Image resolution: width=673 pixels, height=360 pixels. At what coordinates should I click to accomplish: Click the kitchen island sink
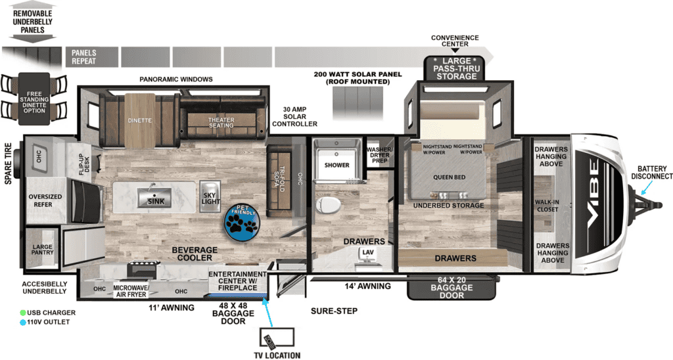pos(155,198)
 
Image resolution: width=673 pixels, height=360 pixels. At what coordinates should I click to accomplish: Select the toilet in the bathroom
pos(328,205)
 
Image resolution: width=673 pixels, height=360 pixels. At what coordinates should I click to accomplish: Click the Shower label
pos(337,165)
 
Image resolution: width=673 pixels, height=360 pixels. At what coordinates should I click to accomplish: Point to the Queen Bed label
pos(449,177)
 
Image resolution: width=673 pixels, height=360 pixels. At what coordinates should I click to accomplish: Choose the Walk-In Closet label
pos(547,206)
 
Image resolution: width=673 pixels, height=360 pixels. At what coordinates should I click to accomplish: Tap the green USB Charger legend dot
pos(23,313)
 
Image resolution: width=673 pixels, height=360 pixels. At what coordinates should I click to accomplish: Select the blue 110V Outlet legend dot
pos(23,323)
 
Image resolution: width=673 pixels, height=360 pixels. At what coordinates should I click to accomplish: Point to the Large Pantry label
pos(43,249)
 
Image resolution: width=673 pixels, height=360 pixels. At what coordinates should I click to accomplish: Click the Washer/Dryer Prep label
pos(379,155)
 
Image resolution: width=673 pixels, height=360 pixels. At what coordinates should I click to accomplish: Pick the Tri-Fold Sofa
pos(281,180)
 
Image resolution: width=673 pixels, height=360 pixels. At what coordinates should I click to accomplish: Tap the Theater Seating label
pos(221,123)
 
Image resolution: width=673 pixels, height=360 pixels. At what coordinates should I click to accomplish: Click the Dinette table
pos(140,121)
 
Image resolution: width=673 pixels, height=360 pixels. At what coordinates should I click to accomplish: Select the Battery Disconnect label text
pos(651,173)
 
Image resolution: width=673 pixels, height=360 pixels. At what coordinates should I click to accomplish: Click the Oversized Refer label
pos(45,200)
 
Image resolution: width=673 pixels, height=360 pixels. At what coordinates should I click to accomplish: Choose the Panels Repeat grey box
pos(91,57)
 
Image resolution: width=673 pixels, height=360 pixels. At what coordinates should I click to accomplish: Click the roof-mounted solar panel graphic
pos(358,103)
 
